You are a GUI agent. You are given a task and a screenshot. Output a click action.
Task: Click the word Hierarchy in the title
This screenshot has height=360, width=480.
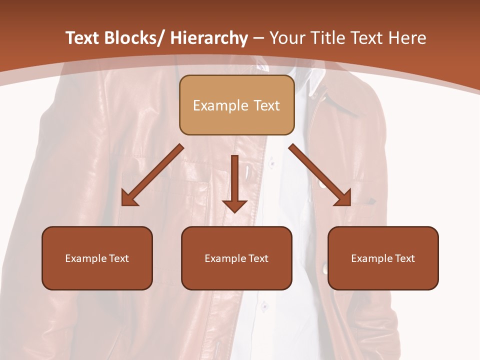tap(209, 38)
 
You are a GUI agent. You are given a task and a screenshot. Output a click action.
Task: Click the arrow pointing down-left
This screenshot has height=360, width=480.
tap(152, 175)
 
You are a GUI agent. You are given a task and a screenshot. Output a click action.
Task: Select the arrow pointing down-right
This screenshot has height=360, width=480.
tap(320, 175)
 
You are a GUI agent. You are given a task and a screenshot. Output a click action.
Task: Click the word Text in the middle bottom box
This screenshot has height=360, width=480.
tap(258, 258)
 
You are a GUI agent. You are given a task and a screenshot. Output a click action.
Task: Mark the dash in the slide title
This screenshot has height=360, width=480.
tap(258, 38)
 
